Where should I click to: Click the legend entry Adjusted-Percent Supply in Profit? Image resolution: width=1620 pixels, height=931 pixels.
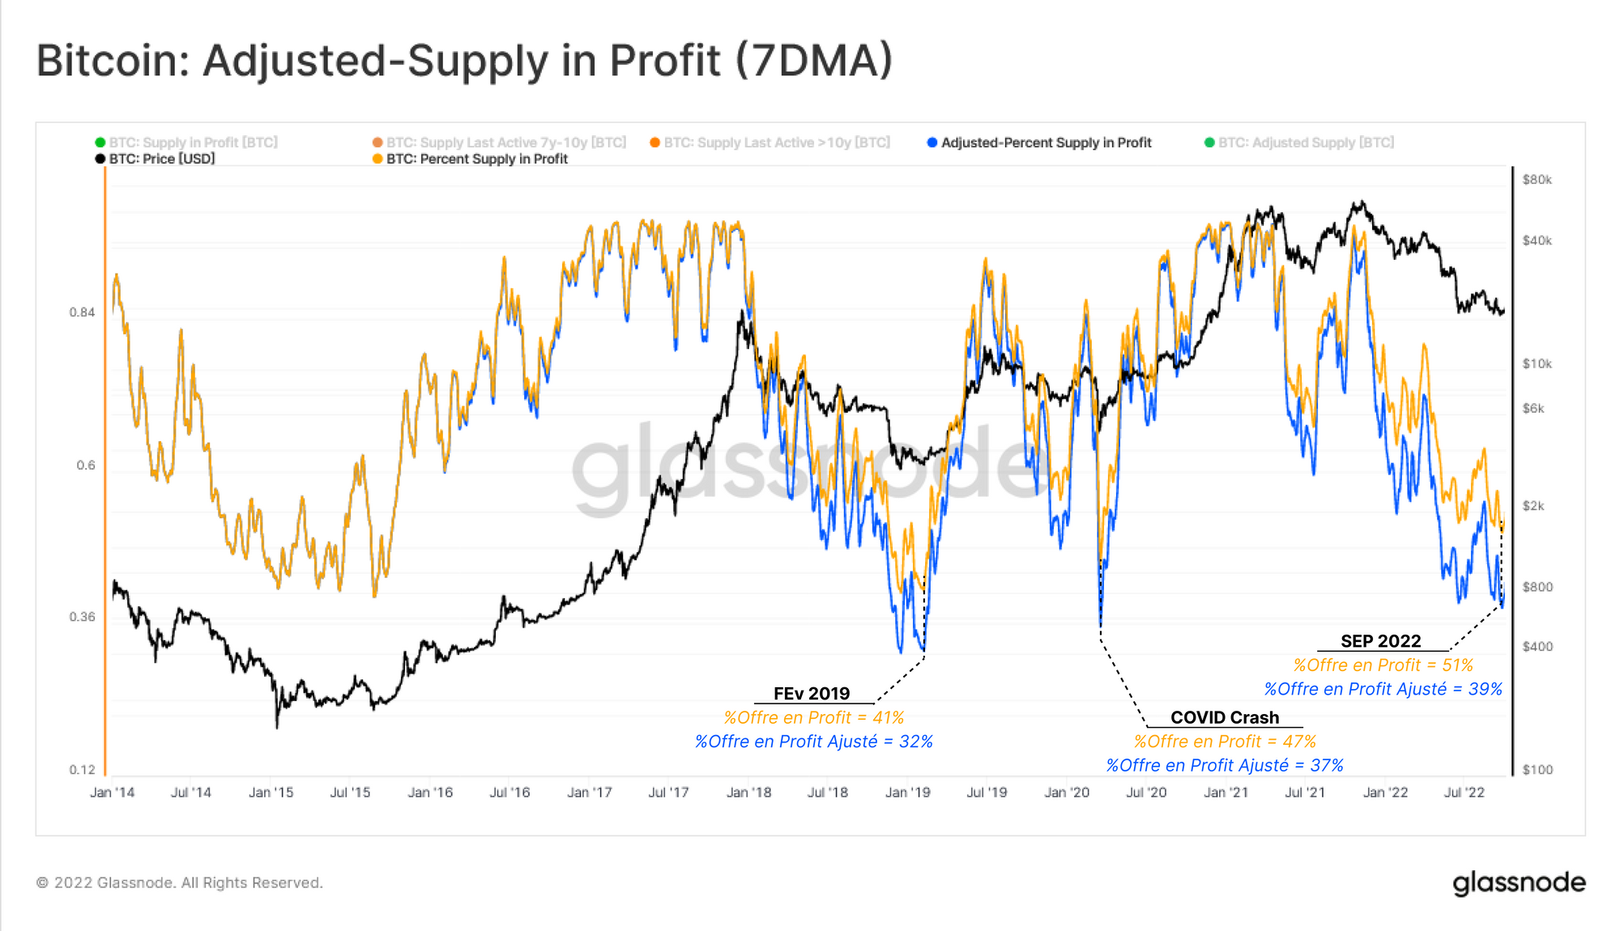click(x=1046, y=142)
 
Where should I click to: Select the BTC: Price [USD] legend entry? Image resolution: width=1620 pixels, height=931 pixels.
click(x=162, y=159)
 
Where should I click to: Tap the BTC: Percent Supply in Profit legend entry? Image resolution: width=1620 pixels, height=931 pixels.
click(x=476, y=159)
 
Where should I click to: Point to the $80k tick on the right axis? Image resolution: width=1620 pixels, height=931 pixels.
click(x=1537, y=180)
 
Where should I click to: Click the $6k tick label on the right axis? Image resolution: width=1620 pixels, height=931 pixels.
click(x=1533, y=409)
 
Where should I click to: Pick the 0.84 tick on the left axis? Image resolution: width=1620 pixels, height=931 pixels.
click(x=82, y=312)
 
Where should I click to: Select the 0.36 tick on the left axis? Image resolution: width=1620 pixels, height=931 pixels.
click(x=82, y=617)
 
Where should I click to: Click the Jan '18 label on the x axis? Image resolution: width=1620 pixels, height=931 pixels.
click(x=748, y=793)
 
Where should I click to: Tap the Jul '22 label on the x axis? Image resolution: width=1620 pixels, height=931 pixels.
click(x=1464, y=793)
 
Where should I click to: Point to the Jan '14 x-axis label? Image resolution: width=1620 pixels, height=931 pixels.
click(x=113, y=793)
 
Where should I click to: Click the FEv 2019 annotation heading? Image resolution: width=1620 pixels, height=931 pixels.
click(x=812, y=694)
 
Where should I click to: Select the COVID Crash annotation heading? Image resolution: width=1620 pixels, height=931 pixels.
click(x=1225, y=717)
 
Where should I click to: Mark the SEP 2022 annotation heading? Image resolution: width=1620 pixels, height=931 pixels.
click(x=1380, y=641)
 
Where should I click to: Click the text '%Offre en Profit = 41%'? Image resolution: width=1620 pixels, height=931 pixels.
click(x=813, y=717)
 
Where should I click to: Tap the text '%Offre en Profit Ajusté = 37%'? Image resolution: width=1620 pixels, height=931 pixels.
click(x=1225, y=765)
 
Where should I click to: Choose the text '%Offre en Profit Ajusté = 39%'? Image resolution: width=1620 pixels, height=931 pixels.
click(x=1383, y=689)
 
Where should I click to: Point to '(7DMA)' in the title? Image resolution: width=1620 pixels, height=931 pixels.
click(x=814, y=61)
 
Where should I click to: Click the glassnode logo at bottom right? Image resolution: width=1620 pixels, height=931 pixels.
click(x=1519, y=882)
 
